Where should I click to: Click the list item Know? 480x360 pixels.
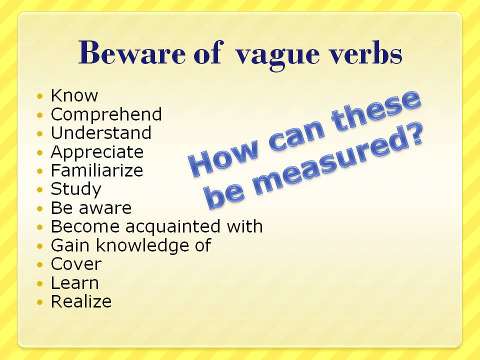(x=74, y=95)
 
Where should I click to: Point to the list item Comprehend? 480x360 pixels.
(x=106, y=114)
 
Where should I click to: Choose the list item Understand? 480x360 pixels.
(x=101, y=132)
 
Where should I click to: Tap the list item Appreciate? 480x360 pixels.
(x=97, y=152)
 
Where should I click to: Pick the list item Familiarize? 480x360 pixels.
(x=96, y=170)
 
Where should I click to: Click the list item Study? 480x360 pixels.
(x=76, y=189)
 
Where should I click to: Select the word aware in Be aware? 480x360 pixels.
(x=105, y=208)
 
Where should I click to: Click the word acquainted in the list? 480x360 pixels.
(x=173, y=227)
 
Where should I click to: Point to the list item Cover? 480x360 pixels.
(x=76, y=264)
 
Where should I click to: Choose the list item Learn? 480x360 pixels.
(x=74, y=283)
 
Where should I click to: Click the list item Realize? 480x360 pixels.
(x=81, y=301)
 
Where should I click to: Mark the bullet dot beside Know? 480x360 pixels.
(x=40, y=96)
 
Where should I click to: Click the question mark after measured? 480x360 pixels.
(x=414, y=135)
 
